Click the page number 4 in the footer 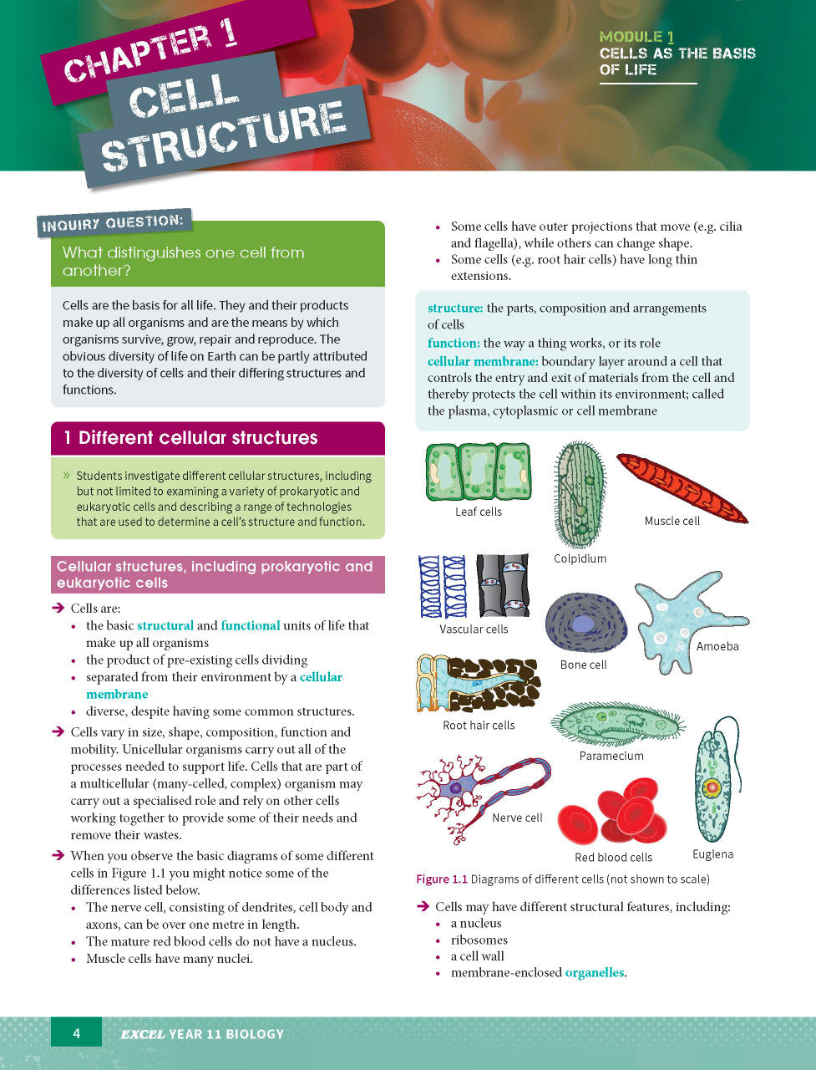(76, 1033)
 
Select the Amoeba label (717, 646)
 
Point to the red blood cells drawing (614, 813)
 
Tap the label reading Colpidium (580, 558)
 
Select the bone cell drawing (585, 624)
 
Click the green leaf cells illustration (478, 472)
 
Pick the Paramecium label (611, 756)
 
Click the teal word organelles (594, 972)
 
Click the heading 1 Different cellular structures (197, 438)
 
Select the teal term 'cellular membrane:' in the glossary (483, 361)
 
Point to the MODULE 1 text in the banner (636, 37)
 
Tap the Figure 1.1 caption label (442, 879)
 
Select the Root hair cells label (479, 725)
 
